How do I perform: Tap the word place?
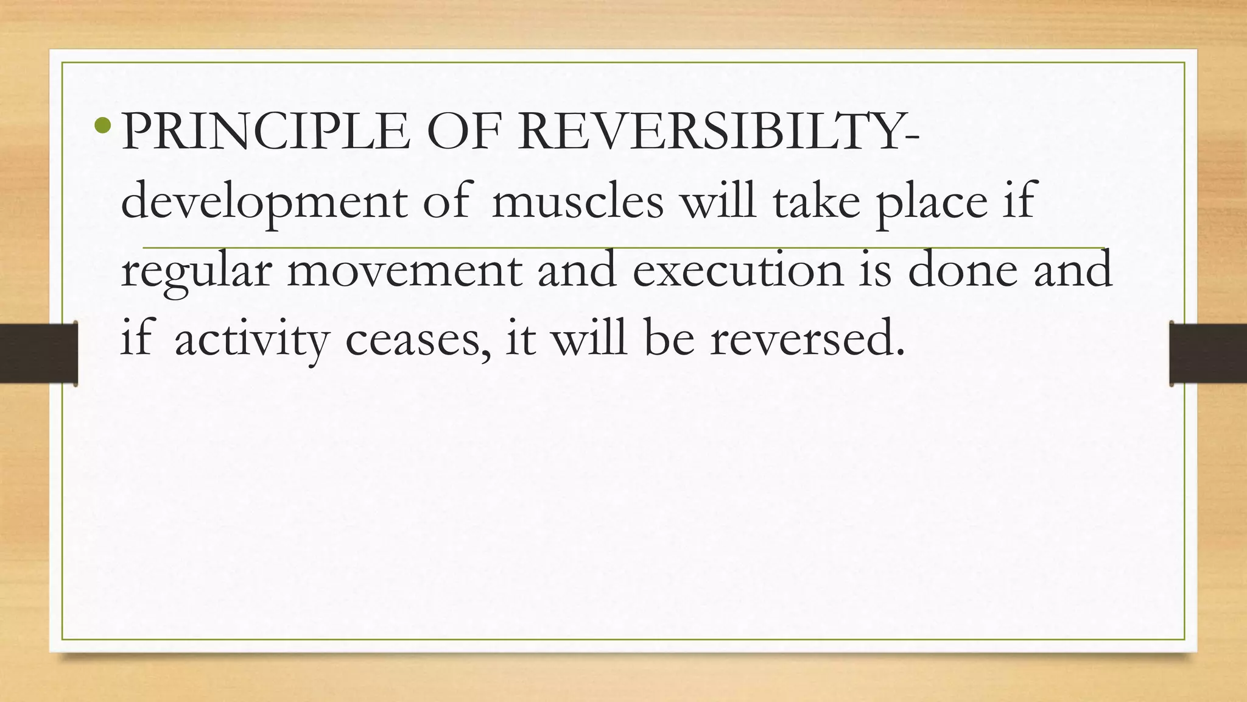(932, 203)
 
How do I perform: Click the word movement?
(404, 271)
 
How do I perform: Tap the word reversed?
(807, 339)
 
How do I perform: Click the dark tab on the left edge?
(38, 353)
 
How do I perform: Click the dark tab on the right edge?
(1208, 353)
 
